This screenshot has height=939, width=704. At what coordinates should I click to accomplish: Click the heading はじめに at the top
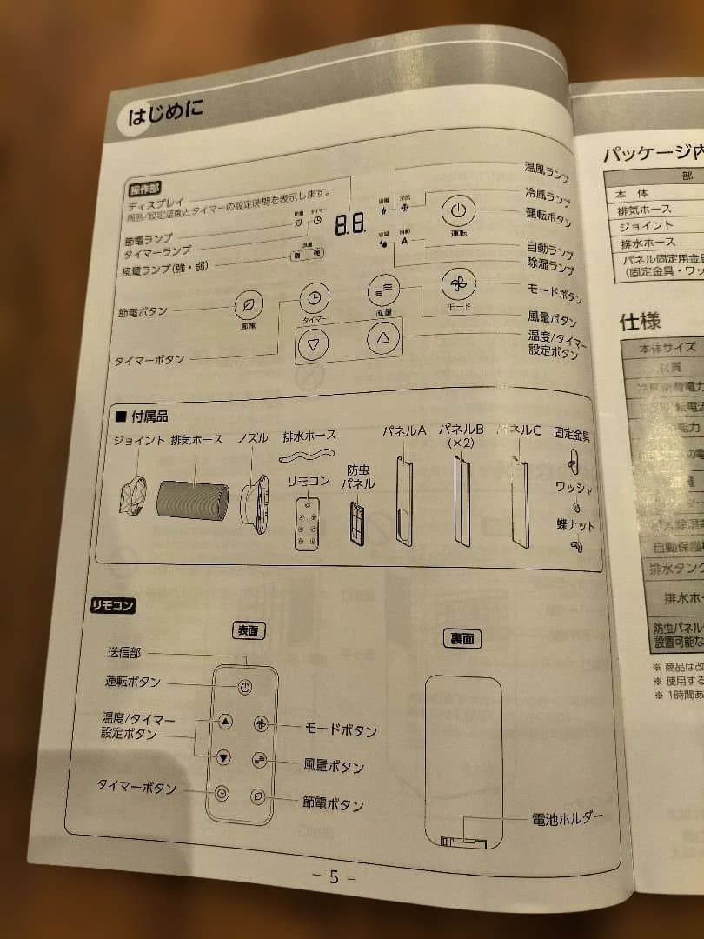(x=165, y=113)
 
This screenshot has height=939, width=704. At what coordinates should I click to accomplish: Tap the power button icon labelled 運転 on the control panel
(x=459, y=211)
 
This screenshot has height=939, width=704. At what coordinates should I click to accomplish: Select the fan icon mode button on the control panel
(x=457, y=284)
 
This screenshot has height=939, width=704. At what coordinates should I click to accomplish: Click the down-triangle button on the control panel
(x=314, y=344)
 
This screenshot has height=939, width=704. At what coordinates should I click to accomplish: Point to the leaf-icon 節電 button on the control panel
(x=249, y=305)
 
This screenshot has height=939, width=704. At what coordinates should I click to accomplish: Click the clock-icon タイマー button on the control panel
(x=314, y=297)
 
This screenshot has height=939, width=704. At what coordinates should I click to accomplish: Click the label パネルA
(x=404, y=430)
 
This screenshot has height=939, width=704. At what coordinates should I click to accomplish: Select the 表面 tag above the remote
(x=249, y=630)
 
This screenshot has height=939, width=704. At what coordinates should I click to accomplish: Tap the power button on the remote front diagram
(x=246, y=687)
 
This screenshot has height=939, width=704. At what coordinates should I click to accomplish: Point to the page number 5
(x=334, y=876)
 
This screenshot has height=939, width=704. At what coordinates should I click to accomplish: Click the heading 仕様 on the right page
(x=640, y=321)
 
